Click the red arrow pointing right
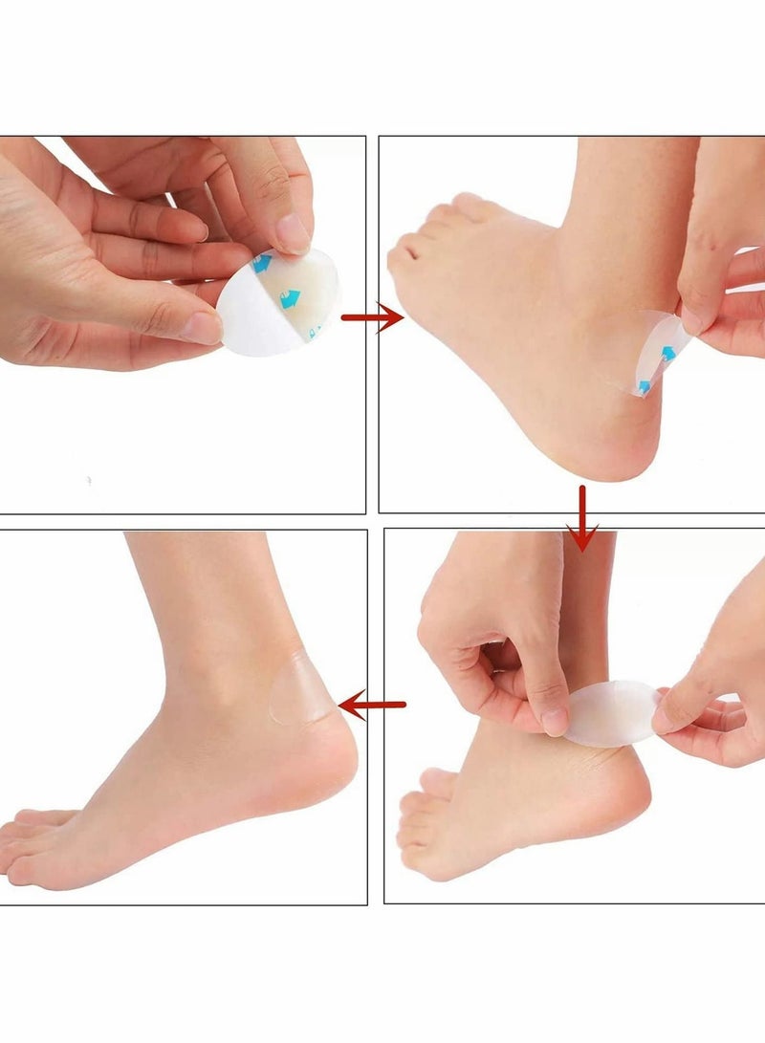click(x=371, y=317)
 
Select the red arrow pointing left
click(x=371, y=706)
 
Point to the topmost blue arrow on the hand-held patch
click(x=261, y=263)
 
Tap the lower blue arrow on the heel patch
click(x=644, y=386)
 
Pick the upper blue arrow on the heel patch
click(x=669, y=354)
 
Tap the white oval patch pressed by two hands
click(x=612, y=713)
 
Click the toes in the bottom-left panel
click(x=38, y=841)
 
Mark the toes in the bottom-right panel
click(x=421, y=822)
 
